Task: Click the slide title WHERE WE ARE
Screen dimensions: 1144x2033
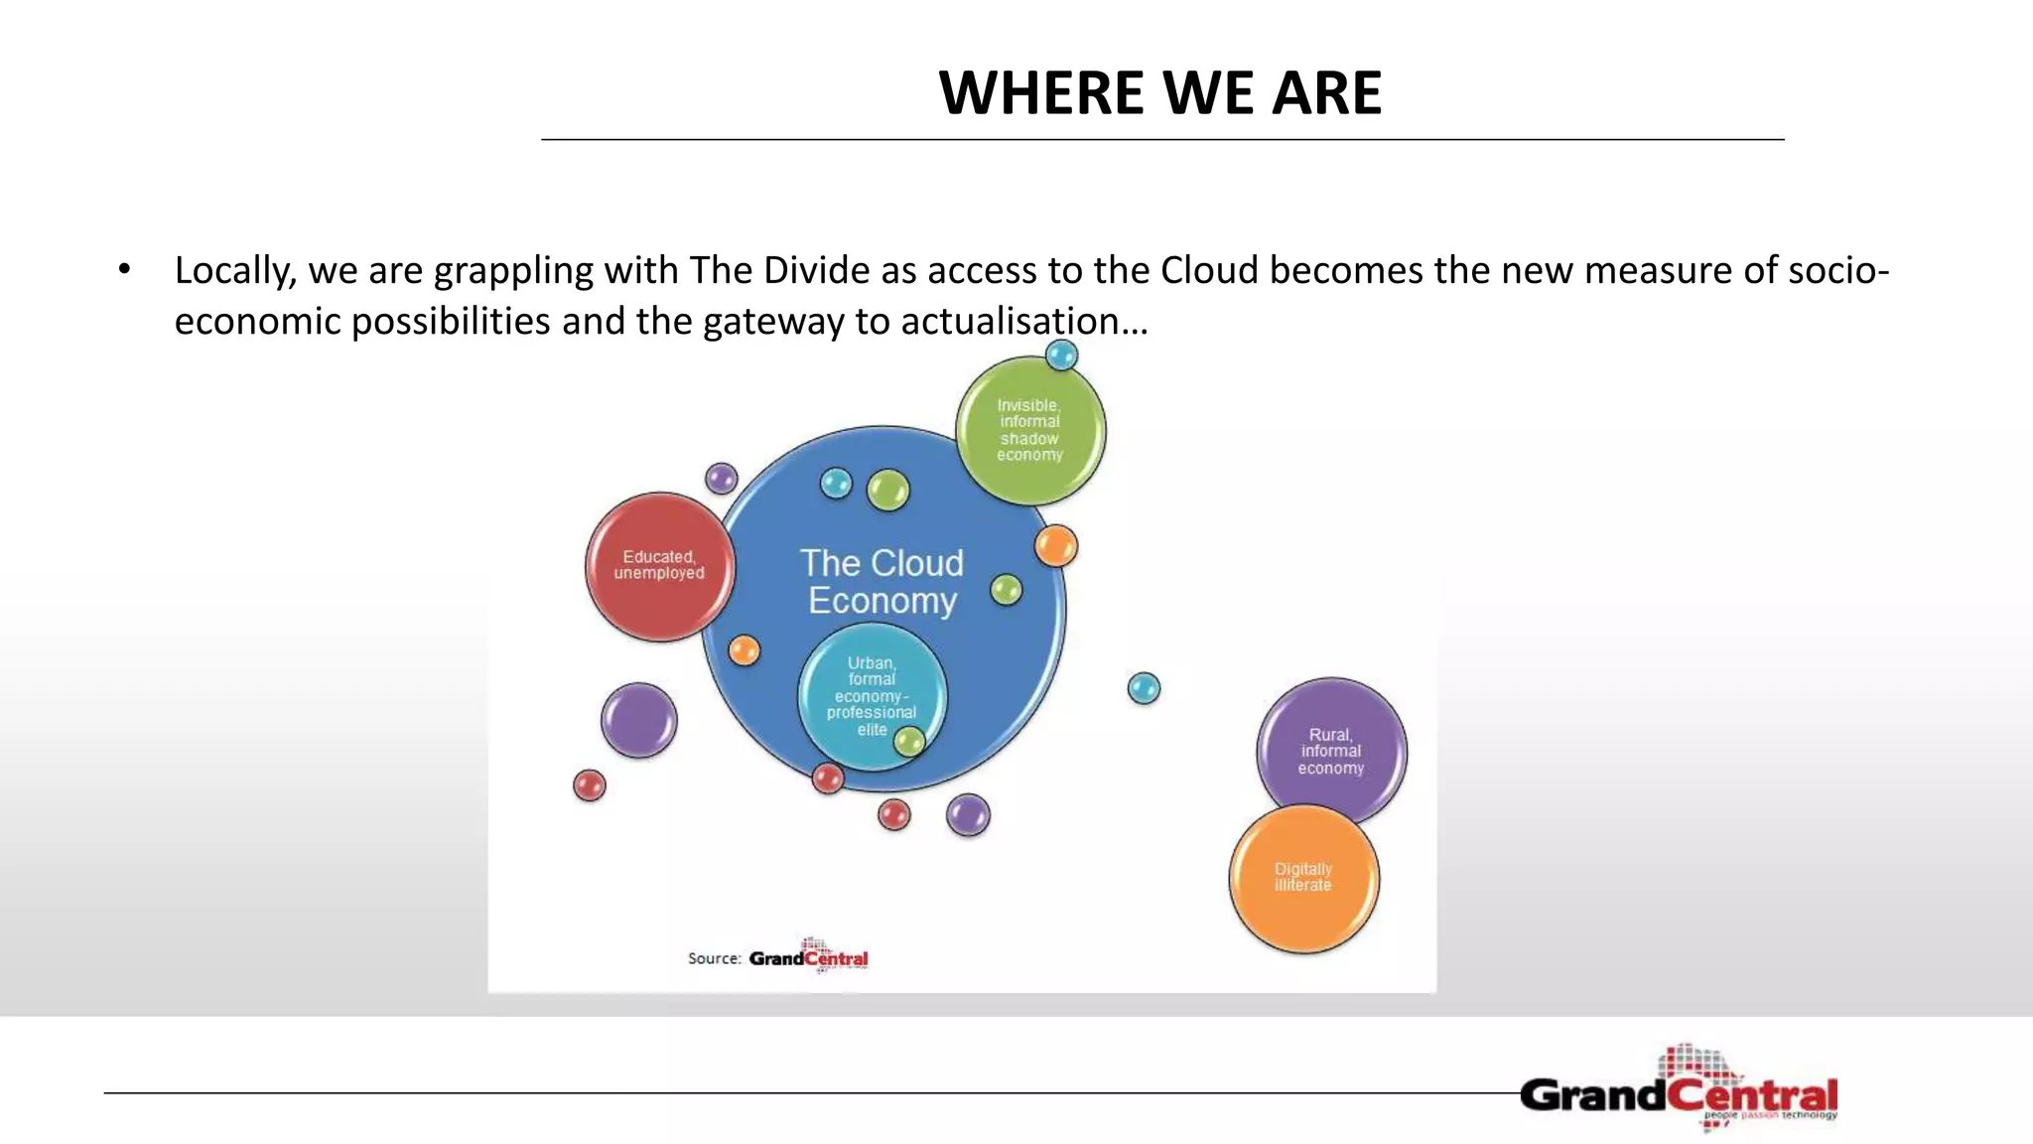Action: point(1159,93)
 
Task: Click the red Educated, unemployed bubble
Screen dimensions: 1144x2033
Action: point(659,566)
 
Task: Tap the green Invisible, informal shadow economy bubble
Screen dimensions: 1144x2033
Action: point(1029,430)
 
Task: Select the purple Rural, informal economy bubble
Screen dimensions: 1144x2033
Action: point(1330,751)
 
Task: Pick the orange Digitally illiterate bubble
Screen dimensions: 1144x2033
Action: point(1303,878)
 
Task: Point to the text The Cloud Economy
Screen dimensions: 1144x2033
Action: point(881,581)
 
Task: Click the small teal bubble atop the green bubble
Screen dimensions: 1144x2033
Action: point(1061,355)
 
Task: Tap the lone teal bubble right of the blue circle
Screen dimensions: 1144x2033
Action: point(1144,687)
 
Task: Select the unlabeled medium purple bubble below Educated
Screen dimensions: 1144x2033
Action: point(638,720)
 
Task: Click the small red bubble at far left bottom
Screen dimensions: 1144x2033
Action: point(590,786)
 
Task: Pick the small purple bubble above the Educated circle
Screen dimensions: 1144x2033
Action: point(722,479)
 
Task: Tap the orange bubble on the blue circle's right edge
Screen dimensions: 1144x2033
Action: point(1055,546)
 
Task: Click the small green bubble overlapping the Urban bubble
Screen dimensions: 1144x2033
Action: point(909,741)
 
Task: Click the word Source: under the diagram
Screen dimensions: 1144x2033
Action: point(714,958)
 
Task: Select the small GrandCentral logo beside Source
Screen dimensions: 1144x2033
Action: point(808,957)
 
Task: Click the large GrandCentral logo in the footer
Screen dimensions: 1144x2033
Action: point(1680,1092)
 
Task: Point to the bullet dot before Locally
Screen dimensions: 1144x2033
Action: point(124,269)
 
